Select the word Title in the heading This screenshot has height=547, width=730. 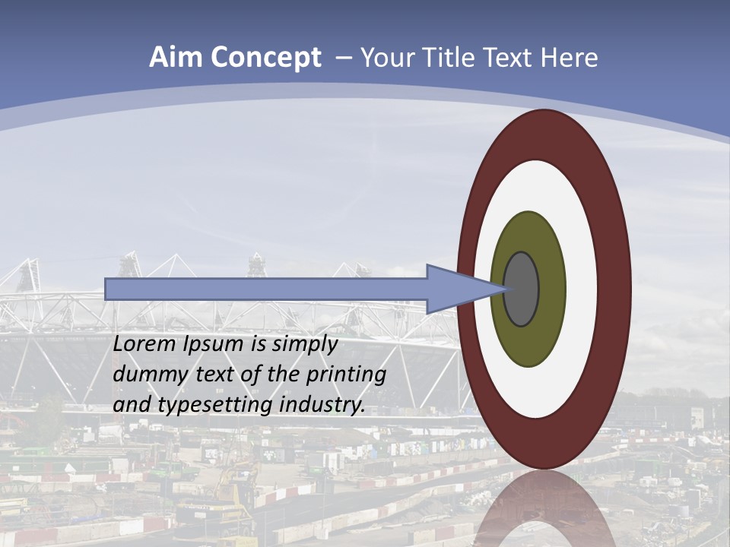pyautogui.click(x=452, y=58)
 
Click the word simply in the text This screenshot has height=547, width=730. pyautogui.click(x=304, y=344)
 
